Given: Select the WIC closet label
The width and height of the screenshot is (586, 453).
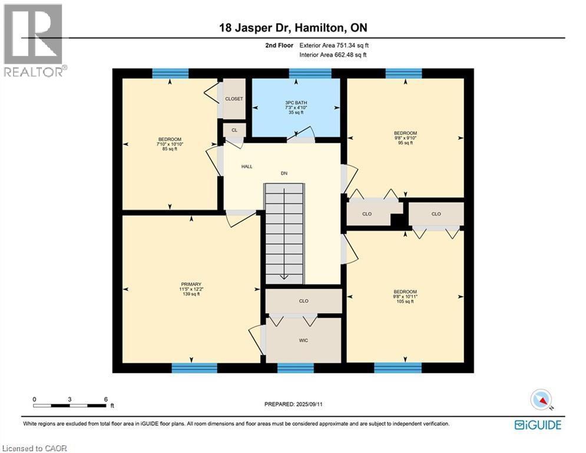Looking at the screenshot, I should [303, 340].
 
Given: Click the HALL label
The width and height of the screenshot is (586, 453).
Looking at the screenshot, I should [247, 166].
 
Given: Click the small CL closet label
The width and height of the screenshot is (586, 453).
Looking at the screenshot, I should [234, 130].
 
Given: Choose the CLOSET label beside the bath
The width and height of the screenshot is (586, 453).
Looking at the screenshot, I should [234, 99].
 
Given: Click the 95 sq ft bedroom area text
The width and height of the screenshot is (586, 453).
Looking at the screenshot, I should [405, 143].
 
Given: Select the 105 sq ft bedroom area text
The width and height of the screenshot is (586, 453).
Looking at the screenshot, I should [405, 301].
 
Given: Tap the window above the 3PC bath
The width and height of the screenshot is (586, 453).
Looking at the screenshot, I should [310, 73].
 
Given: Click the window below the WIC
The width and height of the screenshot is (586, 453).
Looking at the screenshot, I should [295, 368].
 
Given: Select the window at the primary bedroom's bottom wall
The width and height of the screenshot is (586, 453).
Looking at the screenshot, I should [194, 368].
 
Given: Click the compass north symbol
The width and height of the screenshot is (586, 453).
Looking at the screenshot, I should [540, 400].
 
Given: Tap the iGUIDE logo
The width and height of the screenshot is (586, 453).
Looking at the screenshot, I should [537, 425].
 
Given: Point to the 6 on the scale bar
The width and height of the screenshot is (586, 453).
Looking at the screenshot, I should [105, 399].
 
